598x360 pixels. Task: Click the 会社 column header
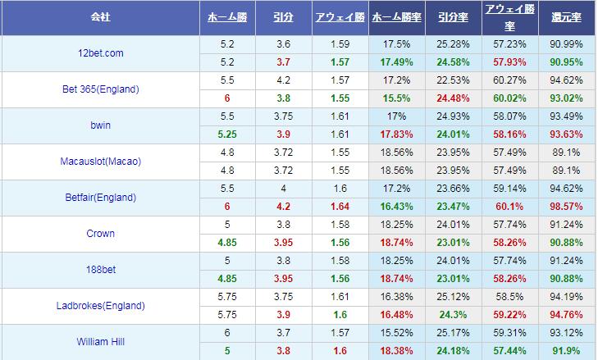pos(100,17)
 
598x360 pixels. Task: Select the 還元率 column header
pos(566,17)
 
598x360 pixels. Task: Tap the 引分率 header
pos(453,17)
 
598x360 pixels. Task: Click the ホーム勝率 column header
pos(397,17)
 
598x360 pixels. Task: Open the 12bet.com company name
pos(101,53)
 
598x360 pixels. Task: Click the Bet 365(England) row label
pos(101,89)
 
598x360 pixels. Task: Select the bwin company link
pos(101,125)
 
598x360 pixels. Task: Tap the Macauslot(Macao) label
pos(101,162)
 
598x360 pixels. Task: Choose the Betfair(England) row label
pos(101,198)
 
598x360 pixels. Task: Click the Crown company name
pos(101,234)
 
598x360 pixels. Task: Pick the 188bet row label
pos(101,270)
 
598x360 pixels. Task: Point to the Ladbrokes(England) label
pos(101,306)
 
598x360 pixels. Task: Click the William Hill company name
pos(101,342)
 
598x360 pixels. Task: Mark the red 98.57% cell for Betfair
pos(566,207)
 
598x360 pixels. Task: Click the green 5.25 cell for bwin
pos(227,134)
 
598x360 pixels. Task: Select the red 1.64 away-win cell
pos(340,207)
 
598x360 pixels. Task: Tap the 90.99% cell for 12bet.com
pos(566,44)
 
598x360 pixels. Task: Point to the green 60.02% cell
pos(510,98)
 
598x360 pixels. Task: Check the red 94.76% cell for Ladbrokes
pos(566,315)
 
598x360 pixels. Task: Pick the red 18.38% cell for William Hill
pos(397,351)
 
